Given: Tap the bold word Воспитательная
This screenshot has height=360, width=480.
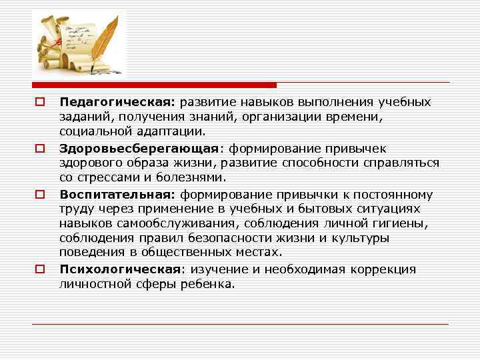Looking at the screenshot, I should pos(117,194).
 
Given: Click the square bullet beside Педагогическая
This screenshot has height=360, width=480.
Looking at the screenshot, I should pos(40,102).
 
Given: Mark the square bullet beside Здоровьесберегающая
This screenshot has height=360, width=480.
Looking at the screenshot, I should pos(40,148).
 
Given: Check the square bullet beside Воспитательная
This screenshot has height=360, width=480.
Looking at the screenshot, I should pos(40,194).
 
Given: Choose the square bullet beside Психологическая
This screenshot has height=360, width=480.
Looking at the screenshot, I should pos(40,269).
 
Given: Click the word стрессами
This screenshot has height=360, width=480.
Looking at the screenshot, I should pos(109,178).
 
